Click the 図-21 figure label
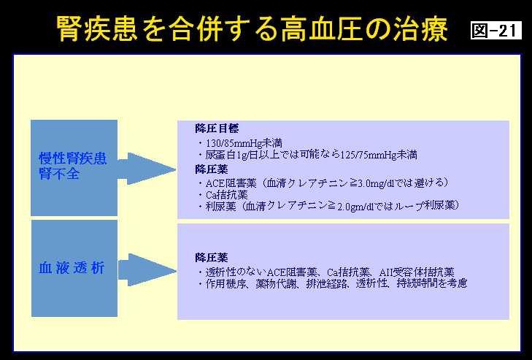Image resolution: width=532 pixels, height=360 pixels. click(x=496, y=30)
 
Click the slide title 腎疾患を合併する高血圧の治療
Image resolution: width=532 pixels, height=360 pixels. click(x=252, y=28)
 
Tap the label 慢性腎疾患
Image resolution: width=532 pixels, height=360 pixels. click(x=73, y=158)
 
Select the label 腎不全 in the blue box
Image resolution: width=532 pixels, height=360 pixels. click(x=59, y=173)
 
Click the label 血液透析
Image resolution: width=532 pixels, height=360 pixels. click(x=72, y=268)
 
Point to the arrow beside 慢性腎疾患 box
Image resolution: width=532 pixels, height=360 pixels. click(x=147, y=169)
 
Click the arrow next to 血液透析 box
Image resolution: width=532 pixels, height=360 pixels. click(x=147, y=270)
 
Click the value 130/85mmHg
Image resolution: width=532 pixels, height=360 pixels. click(x=234, y=143)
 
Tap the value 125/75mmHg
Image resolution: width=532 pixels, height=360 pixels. click(x=369, y=156)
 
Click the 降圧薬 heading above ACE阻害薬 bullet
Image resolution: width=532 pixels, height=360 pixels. click(x=211, y=169)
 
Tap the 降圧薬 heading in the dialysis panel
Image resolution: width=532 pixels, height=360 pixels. click(x=211, y=258)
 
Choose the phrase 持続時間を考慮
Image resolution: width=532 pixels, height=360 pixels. click(x=431, y=283)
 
